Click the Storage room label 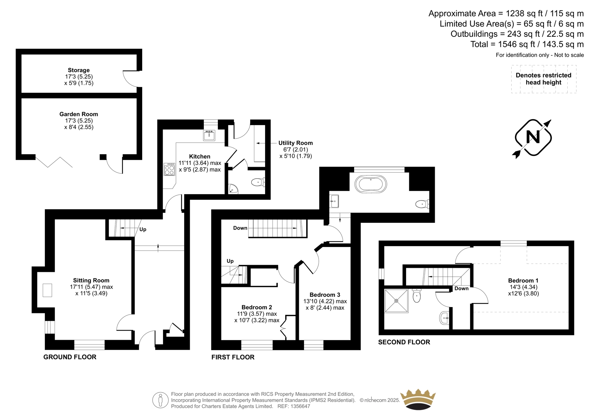point(79,70)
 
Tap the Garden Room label point(79,114)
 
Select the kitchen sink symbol point(209,135)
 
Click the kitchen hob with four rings point(169,169)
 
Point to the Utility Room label point(296,143)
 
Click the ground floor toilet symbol point(258,182)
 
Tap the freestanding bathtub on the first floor point(371,184)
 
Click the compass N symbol point(533,138)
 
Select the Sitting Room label point(91,280)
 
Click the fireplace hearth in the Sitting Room point(48,290)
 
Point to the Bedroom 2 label point(257,307)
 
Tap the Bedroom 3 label point(325,295)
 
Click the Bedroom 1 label point(523,280)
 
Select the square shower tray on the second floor point(396,301)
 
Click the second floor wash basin point(444,318)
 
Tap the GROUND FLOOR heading point(70,357)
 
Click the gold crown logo point(418,400)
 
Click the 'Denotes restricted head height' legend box point(544,79)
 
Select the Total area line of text point(527,44)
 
